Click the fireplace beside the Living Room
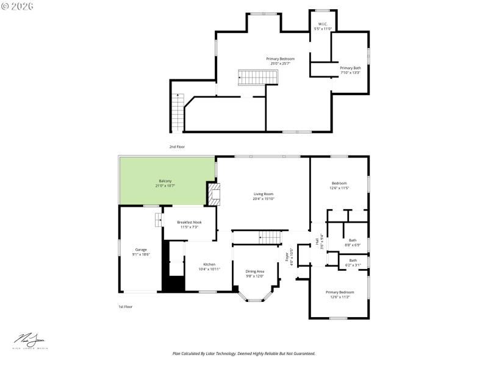(213, 194)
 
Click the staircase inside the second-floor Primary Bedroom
(257, 77)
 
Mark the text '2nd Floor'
(177, 147)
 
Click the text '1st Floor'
(125, 307)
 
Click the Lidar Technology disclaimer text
(244, 353)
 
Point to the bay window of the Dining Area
(255, 298)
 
